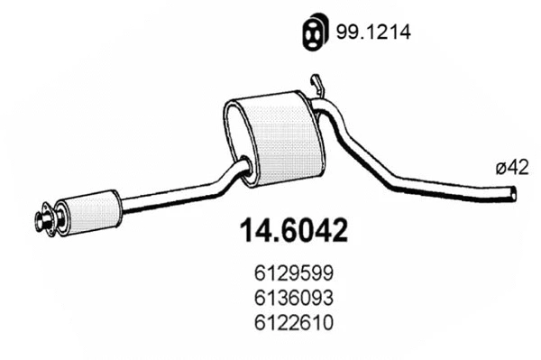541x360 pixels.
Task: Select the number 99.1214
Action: (x=373, y=32)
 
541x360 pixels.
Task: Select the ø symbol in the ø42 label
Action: (x=500, y=167)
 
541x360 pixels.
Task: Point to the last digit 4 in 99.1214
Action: (x=405, y=32)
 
